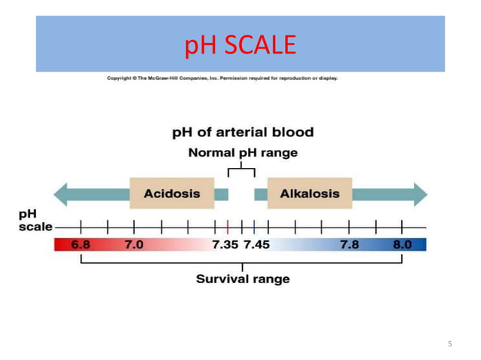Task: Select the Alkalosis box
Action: (x=309, y=194)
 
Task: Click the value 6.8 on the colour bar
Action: (x=81, y=245)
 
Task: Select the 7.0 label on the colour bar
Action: (x=133, y=245)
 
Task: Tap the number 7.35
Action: (x=225, y=245)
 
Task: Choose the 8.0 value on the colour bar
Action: (x=402, y=245)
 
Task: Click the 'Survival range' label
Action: (x=243, y=279)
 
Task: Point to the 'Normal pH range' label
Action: (x=243, y=152)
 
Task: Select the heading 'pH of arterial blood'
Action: (x=243, y=133)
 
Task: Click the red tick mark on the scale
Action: (x=228, y=226)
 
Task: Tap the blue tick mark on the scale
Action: (x=255, y=226)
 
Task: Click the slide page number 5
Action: (x=450, y=344)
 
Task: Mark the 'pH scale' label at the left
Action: (x=35, y=220)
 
